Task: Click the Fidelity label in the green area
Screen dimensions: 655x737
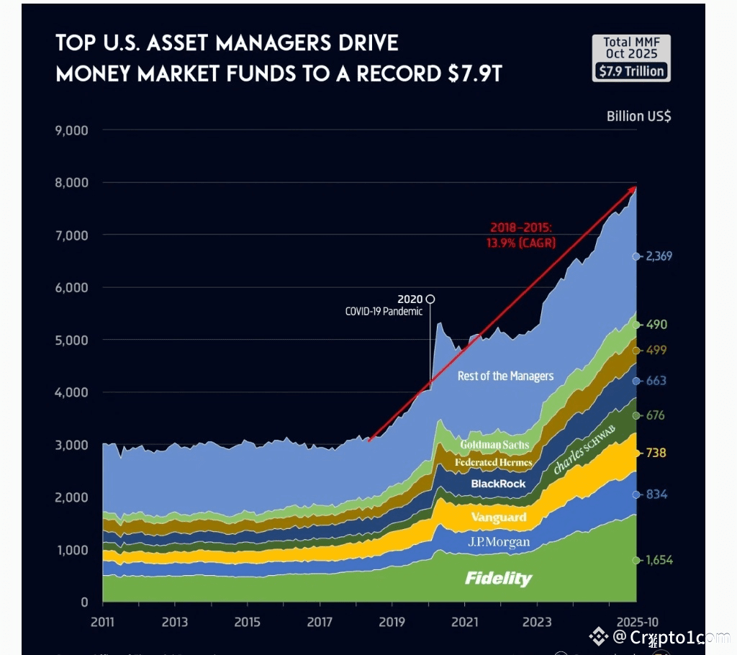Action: [x=498, y=579]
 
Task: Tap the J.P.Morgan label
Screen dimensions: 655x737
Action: [x=499, y=542]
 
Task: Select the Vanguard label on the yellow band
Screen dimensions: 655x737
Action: [x=498, y=517]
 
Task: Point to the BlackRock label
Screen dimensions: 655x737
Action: [x=498, y=484]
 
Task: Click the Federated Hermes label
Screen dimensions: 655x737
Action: [x=493, y=462]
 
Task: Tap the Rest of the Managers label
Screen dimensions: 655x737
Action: [x=505, y=376]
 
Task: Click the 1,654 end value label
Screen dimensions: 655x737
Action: [x=658, y=560]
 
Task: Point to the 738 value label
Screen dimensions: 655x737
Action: [x=656, y=453]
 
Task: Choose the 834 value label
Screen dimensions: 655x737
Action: [x=656, y=494]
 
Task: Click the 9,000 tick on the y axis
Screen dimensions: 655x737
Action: [x=71, y=130]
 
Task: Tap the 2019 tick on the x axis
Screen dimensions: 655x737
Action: [x=392, y=622]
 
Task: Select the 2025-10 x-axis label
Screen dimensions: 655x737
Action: [x=637, y=622]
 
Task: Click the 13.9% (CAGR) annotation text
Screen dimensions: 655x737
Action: [x=521, y=243]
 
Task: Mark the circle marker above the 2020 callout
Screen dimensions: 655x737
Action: [x=430, y=299]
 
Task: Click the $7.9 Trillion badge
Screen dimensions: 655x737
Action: [x=631, y=71]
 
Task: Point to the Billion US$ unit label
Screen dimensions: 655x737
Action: [x=638, y=116]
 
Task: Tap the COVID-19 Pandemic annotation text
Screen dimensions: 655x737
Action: [x=384, y=312]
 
